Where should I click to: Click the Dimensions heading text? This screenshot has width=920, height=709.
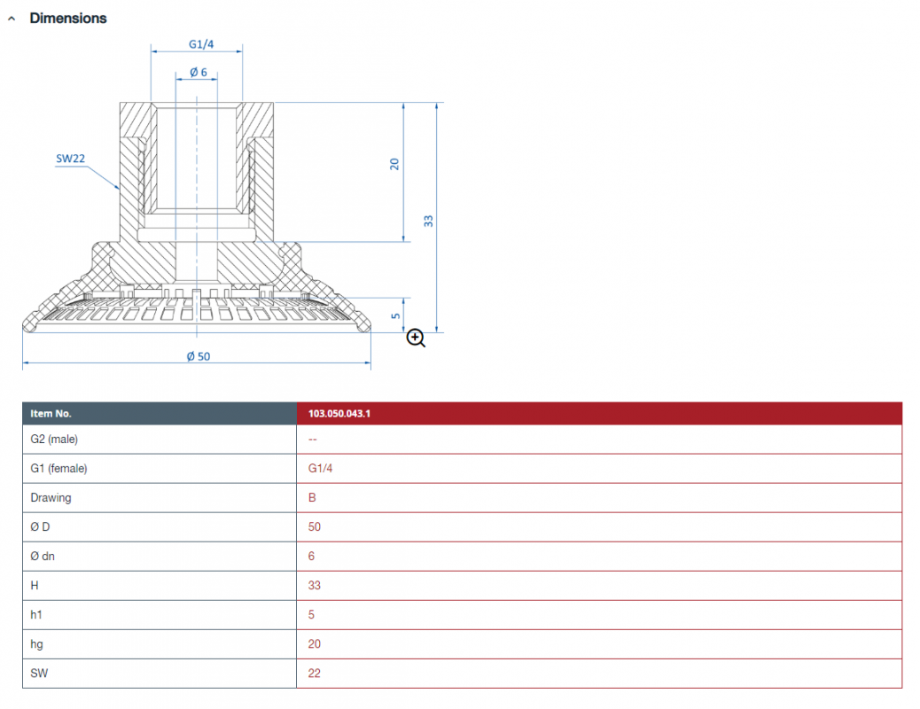click(68, 19)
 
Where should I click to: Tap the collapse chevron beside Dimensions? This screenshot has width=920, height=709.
click(12, 19)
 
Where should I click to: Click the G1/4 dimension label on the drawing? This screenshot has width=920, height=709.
click(201, 44)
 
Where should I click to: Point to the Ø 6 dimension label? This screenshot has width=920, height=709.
click(199, 72)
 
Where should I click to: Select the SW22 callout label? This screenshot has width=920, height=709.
click(70, 159)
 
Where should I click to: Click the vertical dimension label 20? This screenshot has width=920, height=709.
click(394, 164)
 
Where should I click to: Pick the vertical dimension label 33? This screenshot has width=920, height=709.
click(428, 222)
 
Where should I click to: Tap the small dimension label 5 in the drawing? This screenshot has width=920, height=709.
click(396, 316)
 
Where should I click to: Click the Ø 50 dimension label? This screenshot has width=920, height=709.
click(199, 356)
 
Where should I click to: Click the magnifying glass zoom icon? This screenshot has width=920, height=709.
click(416, 338)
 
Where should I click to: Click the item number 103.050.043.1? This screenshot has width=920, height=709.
click(339, 413)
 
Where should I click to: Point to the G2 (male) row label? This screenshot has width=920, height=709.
click(54, 439)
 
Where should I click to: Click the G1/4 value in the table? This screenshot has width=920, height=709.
click(320, 468)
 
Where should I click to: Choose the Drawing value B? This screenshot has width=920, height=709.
click(312, 498)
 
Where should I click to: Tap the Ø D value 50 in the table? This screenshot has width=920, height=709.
click(315, 527)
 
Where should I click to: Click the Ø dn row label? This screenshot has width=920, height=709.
click(43, 557)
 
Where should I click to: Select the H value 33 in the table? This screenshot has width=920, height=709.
click(315, 586)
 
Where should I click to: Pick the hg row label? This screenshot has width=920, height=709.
click(36, 644)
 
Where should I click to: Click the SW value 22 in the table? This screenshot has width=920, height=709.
click(315, 674)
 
